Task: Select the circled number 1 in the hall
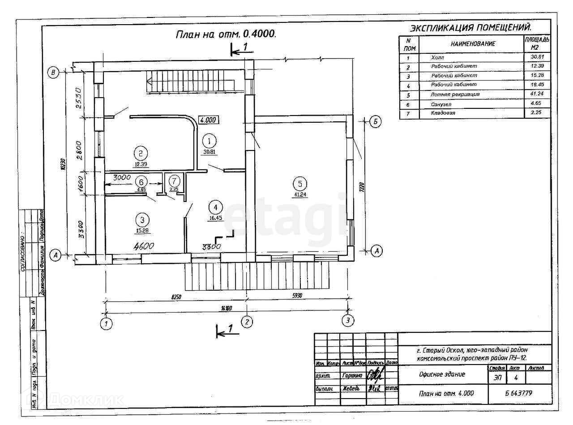pyautogui.click(x=209, y=141)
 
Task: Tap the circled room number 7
pyautogui.click(x=174, y=181)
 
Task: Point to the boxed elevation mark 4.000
pyautogui.click(x=208, y=120)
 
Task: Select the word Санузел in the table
pyautogui.click(x=441, y=104)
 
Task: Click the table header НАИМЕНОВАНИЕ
pyautogui.click(x=473, y=43)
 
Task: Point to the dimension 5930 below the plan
pyautogui.click(x=298, y=296)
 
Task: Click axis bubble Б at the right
pyautogui.click(x=376, y=120)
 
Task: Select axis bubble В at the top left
pyautogui.click(x=54, y=72)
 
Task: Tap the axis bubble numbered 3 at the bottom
pyautogui.click(x=347, y=321)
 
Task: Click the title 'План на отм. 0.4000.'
pyautogui.click(x=226, y=34)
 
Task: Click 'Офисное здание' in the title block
pyautogui.click(x=442, y=374)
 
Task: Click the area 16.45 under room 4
pyautogui.click(x=216, y=219)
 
